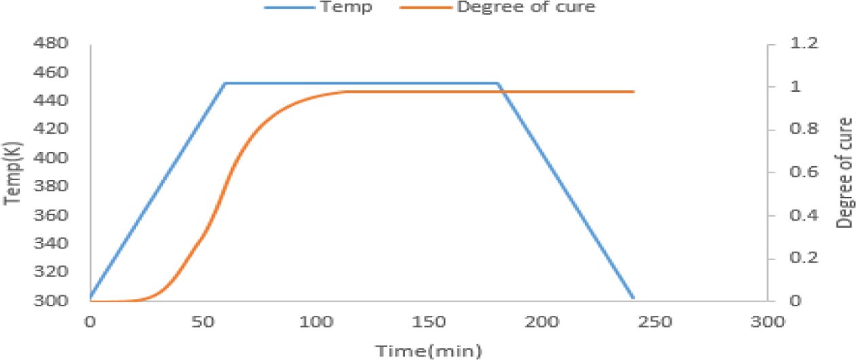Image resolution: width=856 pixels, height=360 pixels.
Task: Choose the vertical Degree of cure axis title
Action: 844,172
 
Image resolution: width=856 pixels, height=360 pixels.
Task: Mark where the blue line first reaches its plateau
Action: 226,84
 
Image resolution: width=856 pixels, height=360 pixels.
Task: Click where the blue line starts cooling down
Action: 498,84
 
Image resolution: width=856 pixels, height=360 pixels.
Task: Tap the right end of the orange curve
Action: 633,92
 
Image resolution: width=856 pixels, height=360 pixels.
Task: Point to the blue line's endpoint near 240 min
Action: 633,298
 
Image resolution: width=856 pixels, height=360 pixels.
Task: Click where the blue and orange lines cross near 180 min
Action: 503,92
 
